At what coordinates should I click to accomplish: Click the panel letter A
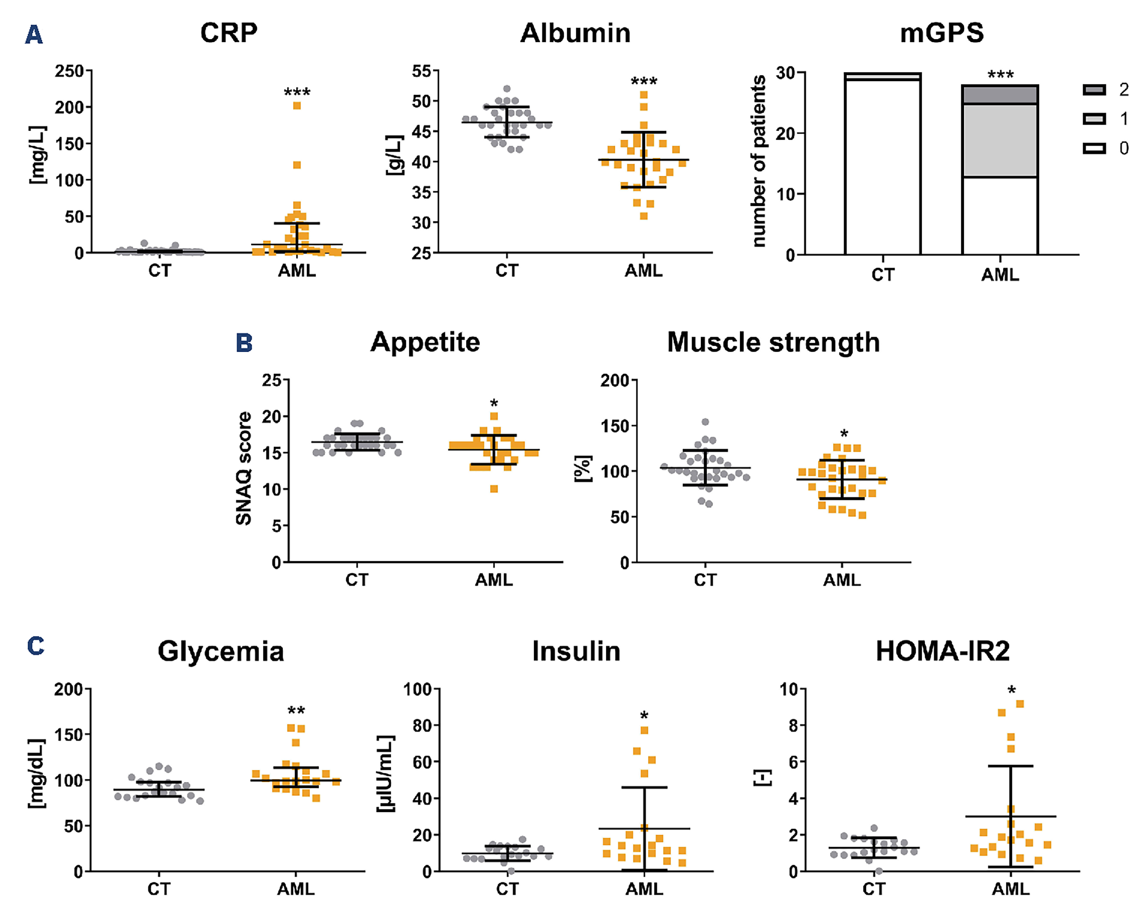coord(34,35)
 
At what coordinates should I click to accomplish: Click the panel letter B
coord(244,343)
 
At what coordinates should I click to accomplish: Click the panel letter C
coord(35,646)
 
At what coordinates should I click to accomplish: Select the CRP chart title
coord(229,33)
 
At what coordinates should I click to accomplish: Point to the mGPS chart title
coord(942,33)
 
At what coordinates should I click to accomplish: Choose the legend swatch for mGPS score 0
coord(1094,148)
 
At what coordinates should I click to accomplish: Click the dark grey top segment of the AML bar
coord(1000,94)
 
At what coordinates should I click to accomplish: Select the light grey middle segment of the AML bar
coord(1000,140)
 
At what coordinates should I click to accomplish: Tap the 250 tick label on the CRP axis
coord(69,71)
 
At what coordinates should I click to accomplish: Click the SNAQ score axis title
coord(243,468)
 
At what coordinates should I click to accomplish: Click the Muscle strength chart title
coord(773,342)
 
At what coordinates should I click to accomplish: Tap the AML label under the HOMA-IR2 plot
coord(1011,889)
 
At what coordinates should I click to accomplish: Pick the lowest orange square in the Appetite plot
coord(494,489)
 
